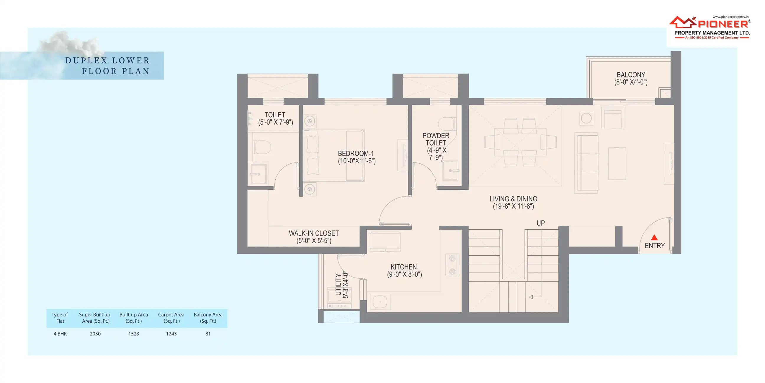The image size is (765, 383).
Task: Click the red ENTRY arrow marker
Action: pos(654,237)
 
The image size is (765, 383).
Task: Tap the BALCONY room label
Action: pos(631,79)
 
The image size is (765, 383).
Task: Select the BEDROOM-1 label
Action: pos(356,157)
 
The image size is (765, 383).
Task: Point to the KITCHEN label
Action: pos(404,271)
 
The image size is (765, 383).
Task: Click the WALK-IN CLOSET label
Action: pos(314,237)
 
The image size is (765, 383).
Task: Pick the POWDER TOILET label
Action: pos(436,147)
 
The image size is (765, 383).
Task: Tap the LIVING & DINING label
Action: pos(513,202)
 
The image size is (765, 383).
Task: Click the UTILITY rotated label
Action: pos(341,285)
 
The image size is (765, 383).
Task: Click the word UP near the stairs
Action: pos(540,223)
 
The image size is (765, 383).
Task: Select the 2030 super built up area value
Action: pos(95,334)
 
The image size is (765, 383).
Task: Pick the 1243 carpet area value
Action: pos(171,334)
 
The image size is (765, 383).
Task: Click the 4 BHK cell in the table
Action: pos(60,334)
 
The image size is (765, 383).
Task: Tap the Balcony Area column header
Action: pos(208,318)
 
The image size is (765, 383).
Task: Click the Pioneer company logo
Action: pos(710,27)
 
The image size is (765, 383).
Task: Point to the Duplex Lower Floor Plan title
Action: pos(107,66)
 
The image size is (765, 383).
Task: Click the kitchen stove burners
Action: pos(452,265)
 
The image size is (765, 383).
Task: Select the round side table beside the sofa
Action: pos(586,118)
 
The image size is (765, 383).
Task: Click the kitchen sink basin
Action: pos(380,302)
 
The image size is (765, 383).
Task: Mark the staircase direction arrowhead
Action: pos(531,297)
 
